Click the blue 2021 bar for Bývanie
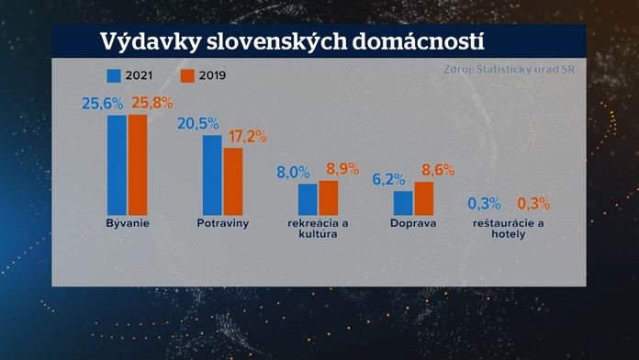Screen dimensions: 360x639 click(117, 164)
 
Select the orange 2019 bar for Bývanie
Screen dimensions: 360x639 click(138, 164)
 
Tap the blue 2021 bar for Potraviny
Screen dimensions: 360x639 click(212, 174)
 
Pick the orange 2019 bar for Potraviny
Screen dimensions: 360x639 click(233, 181)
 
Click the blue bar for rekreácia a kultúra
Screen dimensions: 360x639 click(308, 198)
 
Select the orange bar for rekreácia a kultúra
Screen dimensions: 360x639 click(329, 197)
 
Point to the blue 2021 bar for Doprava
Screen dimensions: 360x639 click(403, 202)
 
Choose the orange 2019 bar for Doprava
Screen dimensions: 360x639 click(424, 197)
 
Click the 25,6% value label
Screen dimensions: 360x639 click(103, 104)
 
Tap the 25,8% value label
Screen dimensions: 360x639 click(152, 103)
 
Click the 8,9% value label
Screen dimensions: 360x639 click(344, 169)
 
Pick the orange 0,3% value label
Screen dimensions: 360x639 click(534, 203)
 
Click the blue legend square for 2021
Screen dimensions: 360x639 click(114, 76)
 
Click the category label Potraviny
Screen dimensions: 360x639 click(222, 223)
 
